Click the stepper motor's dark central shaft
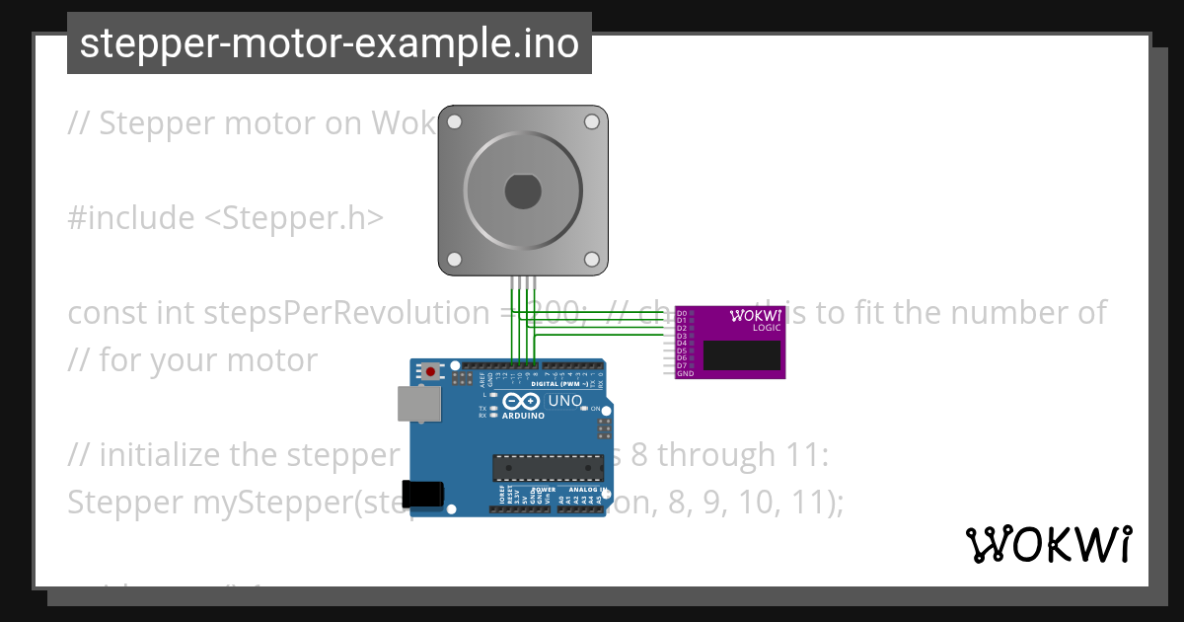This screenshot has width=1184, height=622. pyautogui.click(x=523, y=191)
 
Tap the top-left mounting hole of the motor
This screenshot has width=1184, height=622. pyautogui.click(x=455, y=122)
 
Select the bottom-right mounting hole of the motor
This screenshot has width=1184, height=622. pyautogui.click(x=592, y=259)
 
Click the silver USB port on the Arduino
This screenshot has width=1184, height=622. pyautogui.click(x=418, y=404)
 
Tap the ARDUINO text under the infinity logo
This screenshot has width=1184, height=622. pyautogui.click(x=523, y=416)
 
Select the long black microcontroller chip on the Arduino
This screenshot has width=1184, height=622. pyautogui.click(x=548, y=467)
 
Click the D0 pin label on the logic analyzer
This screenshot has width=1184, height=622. pyautogui.click(x=681, y=313)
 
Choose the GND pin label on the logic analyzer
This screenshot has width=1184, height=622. pyautogui.click(x=684, y=374)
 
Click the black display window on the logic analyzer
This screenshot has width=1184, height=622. pyautogui.click(x=743, y=355)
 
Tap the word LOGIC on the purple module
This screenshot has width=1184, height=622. pyautogui.click(x=766, y=328)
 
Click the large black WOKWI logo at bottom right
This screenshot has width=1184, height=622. pyautogui.click(x=1048, y=544)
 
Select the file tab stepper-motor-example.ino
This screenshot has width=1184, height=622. pyautogui.click(x=330, y=43)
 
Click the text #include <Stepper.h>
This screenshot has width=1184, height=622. pyautogui.click(x=225, y=218)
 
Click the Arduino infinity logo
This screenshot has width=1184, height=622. pyautogui.click(x=522, y=401)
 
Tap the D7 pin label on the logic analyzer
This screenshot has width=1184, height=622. pyautogui.click(x=681, y=366)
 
